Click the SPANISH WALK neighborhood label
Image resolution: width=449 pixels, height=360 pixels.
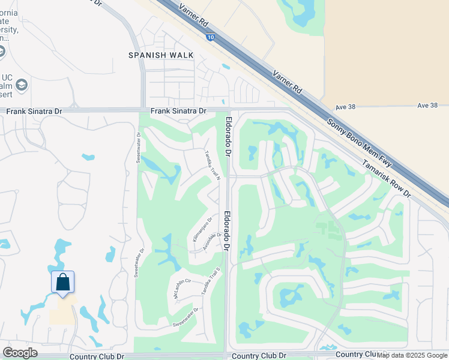161,55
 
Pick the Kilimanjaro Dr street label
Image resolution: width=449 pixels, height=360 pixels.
202,230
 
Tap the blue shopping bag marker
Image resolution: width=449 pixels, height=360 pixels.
62,282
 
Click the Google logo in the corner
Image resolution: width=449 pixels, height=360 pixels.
20,352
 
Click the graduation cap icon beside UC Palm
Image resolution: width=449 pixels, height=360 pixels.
22,85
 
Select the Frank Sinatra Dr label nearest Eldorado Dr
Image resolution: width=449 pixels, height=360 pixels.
178,111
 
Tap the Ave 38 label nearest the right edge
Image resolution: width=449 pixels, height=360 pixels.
427,106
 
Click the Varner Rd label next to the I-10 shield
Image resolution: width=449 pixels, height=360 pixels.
199,21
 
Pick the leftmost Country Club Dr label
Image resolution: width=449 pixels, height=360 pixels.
97,356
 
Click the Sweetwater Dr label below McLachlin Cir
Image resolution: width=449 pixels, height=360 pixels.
185,316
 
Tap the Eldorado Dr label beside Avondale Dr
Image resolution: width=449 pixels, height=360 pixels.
228,230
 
